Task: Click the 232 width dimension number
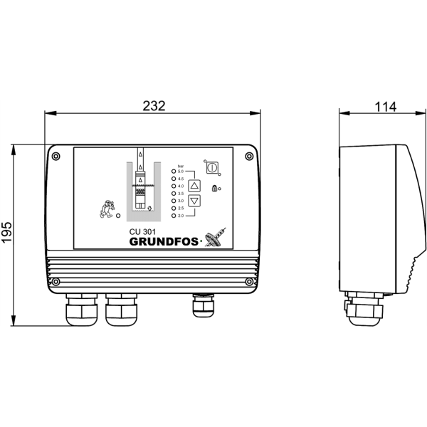pyautogui.click(x=154, y=105)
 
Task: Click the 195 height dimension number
pyautogui.click(x=6, y=232)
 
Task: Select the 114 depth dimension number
pyautogui.click(x=385, y=107)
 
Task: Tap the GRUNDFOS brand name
pyautogui.click(x=164, y=241)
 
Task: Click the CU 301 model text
pyautogui.click(x=142, y=232)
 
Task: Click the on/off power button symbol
pyautogui.click(x=212, y=167)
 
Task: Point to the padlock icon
pyautogui.click(x=214, y=188)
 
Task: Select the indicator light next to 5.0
pyautogui.click(x=174, y=172)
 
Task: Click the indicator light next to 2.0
pyautogui.click(x=174, y=216)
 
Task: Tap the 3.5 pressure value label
pyautogui.click(x=181, y=194)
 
